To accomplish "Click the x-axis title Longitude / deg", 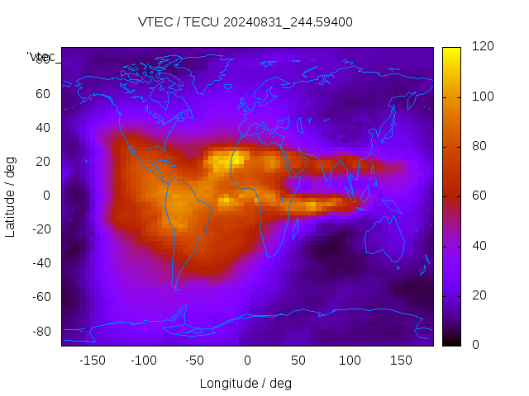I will click(x=245, y=383).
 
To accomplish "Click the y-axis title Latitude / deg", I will click(x=11, y=196).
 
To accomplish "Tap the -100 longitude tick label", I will click(x=143, y=360).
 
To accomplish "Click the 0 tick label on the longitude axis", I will click(x=247, y=360).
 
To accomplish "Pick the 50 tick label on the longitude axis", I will click(x=298, y=360).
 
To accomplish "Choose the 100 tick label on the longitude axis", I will click(x=350, y=360).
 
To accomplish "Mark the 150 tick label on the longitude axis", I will click(x=401, y=360).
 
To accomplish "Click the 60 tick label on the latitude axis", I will click(x=43, y=94).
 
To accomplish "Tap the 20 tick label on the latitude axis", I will click(x=43, y=162).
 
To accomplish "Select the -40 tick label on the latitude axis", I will click(x=40, y=263).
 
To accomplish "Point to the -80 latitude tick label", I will click(x=40, y=331).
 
